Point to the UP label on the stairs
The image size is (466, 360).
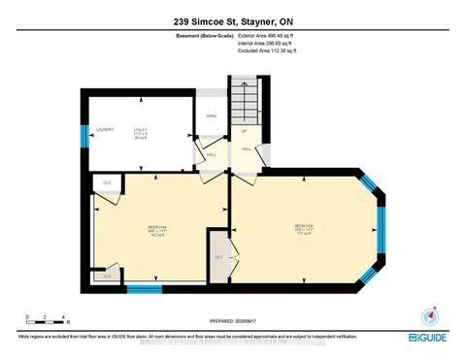(245, 131)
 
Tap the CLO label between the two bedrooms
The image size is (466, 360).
(219, 256)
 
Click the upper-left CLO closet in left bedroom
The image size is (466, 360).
(106, 182)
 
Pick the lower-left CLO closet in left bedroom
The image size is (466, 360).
(106, 277)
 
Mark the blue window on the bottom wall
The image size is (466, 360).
(144, 287)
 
